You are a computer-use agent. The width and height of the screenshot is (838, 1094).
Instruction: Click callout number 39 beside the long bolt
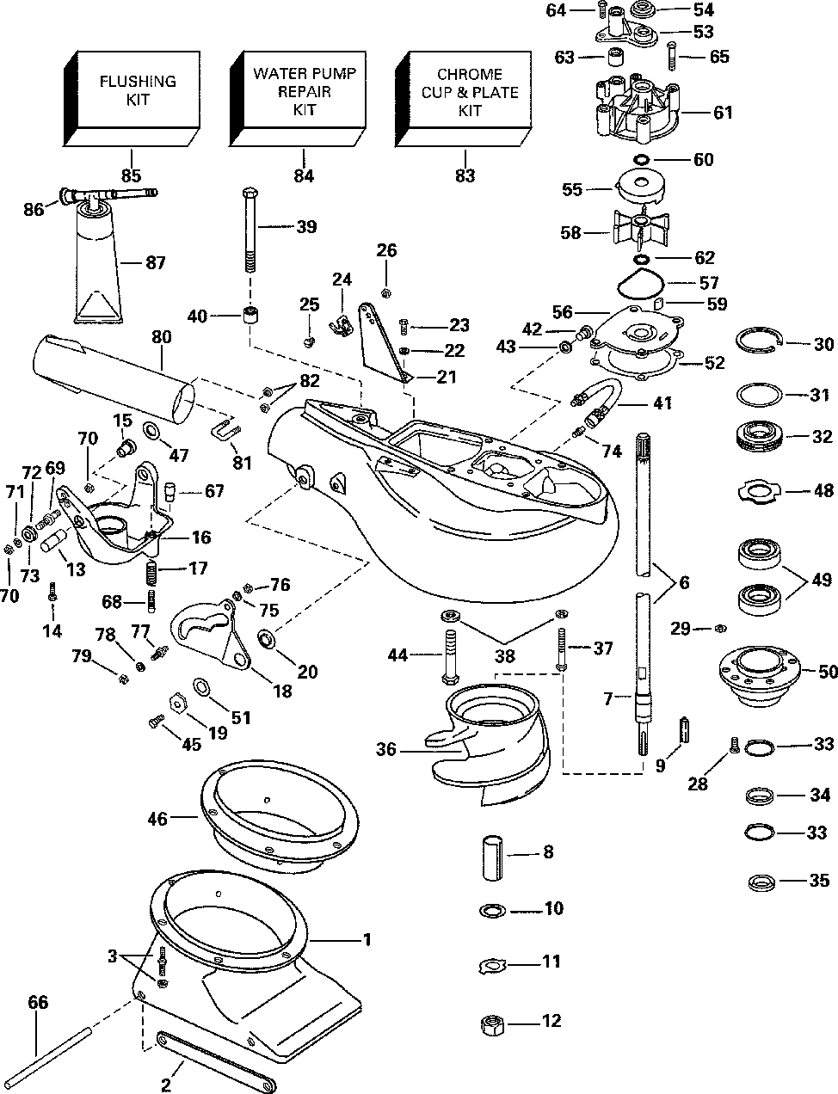tap(305, 227)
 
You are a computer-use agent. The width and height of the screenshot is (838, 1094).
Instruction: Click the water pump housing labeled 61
tap(638, 112)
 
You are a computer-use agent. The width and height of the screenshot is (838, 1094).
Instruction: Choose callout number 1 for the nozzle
tap(367, 940)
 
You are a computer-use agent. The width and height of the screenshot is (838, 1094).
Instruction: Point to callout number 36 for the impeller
tap(386, 750)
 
